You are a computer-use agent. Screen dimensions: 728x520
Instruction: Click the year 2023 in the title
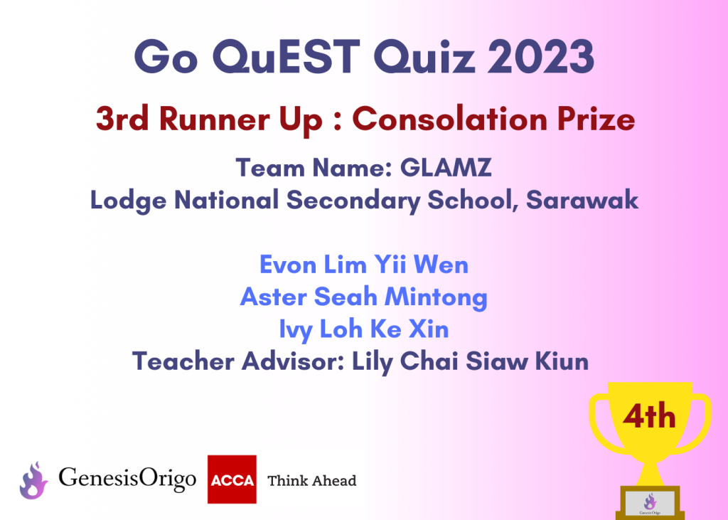[541, 57]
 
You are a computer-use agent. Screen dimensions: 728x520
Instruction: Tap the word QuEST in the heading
[286, 58]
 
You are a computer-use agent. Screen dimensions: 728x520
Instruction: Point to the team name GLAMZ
[446, 168]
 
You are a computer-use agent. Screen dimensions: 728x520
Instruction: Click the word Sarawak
[582, 201]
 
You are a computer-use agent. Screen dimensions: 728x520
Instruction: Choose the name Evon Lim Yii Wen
[364, 265]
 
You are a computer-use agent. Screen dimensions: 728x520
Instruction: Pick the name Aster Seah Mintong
[364, 297]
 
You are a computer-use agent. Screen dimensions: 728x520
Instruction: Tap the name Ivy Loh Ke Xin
[364, 330]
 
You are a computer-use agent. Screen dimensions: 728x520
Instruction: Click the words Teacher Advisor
[238, 361]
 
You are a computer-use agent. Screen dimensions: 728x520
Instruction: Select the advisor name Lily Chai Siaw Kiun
[471, 361]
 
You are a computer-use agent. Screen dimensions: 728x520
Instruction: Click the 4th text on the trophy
[649, 416]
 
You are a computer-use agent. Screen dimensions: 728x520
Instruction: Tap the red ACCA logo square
[232, 479]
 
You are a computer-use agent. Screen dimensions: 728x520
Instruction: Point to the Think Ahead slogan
[312, 480]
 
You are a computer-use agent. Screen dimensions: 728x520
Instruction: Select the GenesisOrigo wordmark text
[127, 479]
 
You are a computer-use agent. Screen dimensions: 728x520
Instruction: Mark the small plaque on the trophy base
[650, 504]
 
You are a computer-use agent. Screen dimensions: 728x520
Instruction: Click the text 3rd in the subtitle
[122, 119]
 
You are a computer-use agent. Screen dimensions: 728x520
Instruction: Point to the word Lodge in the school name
[128, 201]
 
